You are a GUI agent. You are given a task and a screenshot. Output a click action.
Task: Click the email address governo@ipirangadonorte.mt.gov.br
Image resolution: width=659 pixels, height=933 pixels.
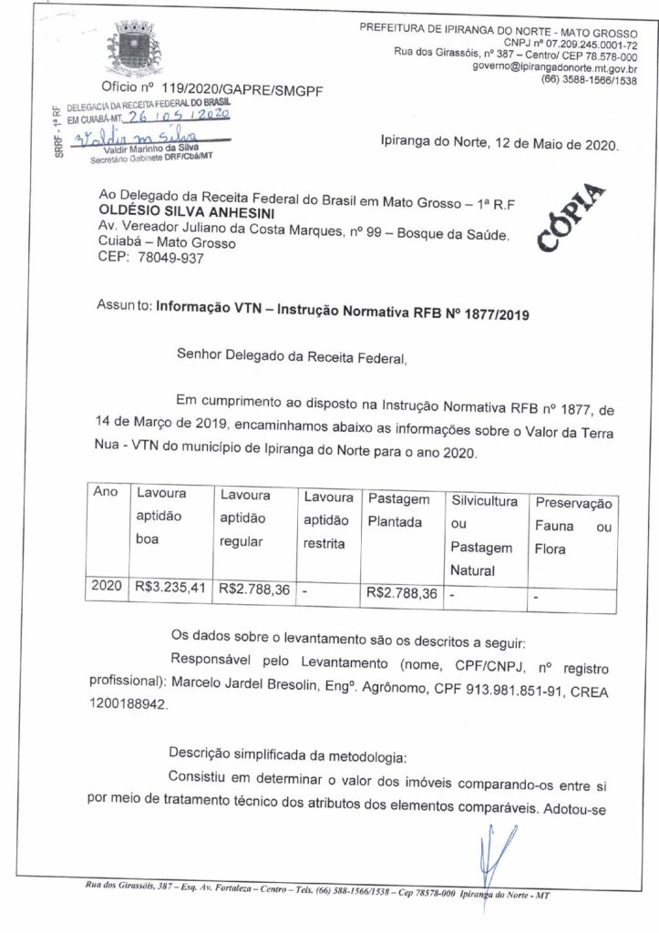pos(554,67)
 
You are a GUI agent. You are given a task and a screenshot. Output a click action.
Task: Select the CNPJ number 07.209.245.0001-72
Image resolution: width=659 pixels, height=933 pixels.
pos(586,43)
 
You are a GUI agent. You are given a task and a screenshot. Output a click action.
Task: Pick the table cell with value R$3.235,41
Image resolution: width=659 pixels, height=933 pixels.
pos(170,590)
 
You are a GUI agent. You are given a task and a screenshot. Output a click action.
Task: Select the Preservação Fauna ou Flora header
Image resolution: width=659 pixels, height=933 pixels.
pos(572,527)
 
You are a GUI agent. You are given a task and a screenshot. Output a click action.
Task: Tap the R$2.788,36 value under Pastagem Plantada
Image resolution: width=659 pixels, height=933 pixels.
pos(401,593)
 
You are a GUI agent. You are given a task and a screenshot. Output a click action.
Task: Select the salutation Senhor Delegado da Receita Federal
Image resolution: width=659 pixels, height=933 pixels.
pos(291,358)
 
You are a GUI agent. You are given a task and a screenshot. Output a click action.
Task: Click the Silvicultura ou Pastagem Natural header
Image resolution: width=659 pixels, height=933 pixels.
pos(482,536)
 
